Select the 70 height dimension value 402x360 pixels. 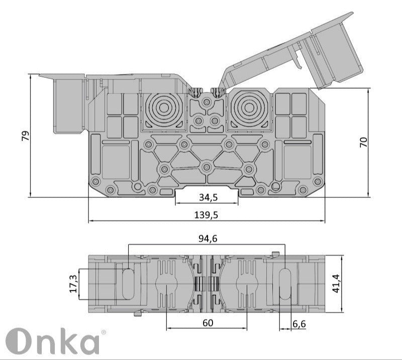364,142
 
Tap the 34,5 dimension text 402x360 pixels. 207,198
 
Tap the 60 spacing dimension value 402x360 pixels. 207,323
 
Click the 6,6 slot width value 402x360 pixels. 299,324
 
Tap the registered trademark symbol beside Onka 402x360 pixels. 104,332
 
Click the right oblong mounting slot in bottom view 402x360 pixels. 285,284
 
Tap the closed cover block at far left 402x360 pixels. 68,105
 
